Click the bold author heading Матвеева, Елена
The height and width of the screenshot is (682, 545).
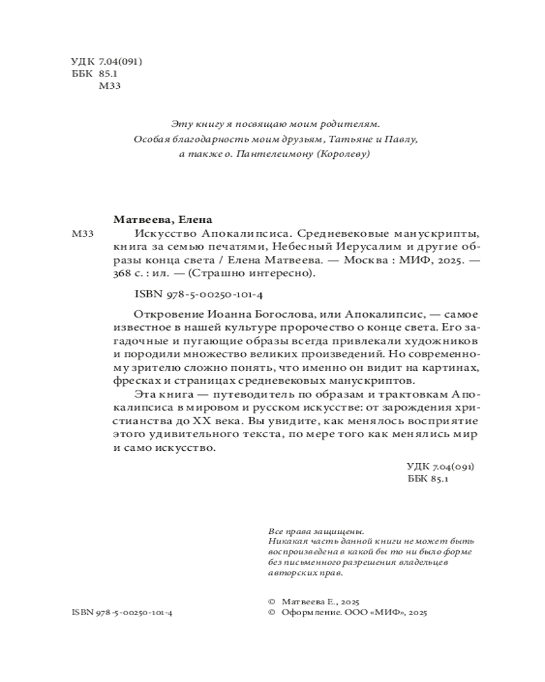[x=162, y=220]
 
